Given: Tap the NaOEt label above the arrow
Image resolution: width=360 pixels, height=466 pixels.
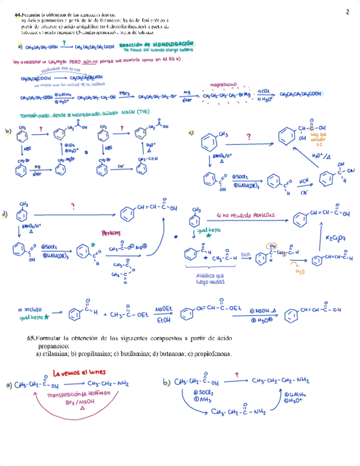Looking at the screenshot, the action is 163,309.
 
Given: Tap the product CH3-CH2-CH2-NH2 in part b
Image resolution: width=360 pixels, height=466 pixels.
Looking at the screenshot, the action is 280,380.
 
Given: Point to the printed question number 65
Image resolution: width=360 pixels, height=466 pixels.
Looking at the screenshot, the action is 31,338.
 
